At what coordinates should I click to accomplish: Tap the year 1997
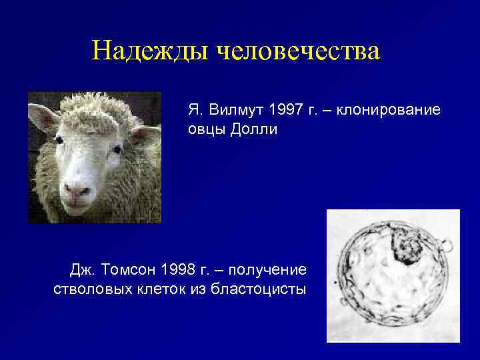pos(281,109)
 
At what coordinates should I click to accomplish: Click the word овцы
pos(205,129)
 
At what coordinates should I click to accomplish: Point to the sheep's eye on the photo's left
pos(59,141)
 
